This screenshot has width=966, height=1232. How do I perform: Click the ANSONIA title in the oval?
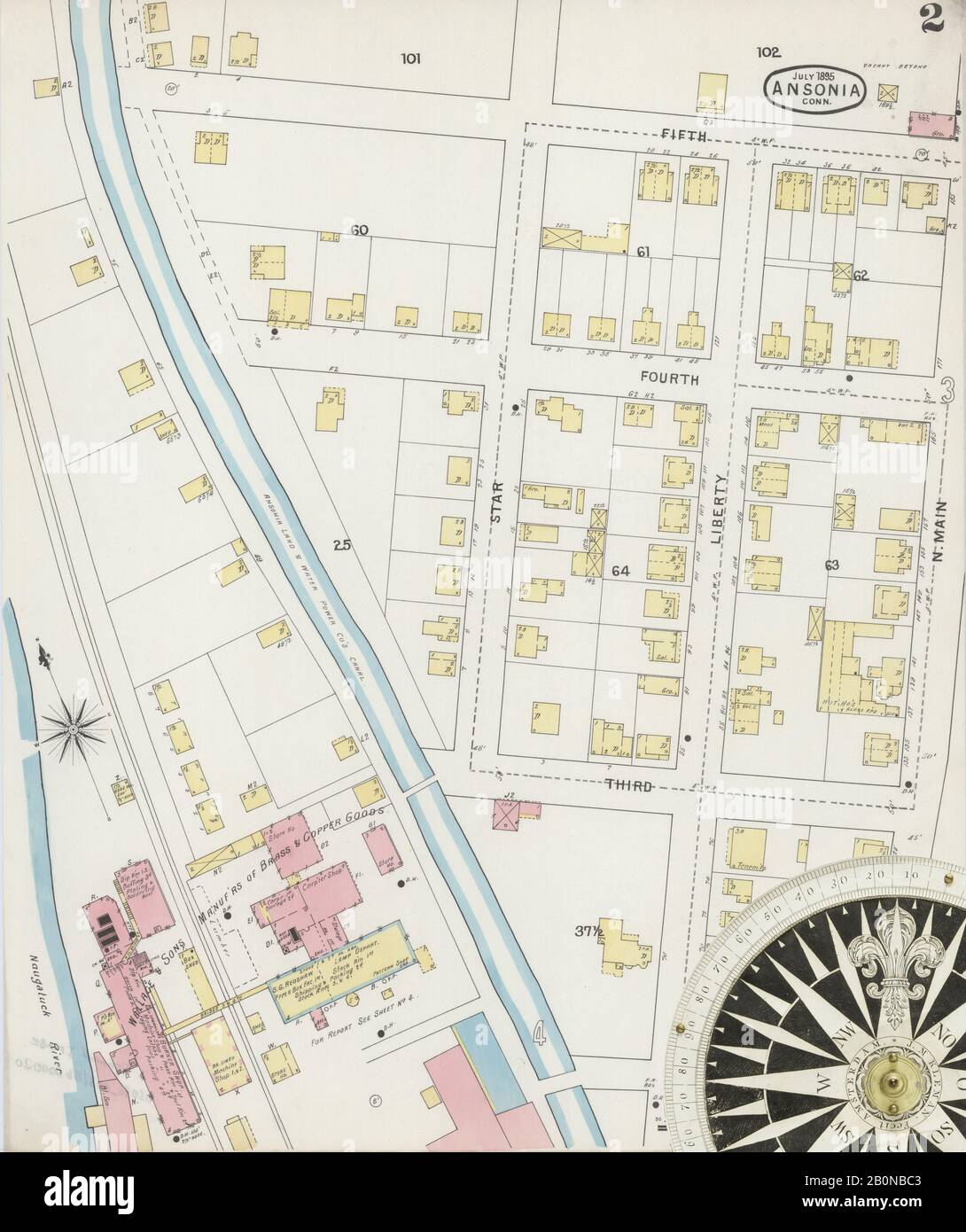pyautogui.click(x=813, y=89)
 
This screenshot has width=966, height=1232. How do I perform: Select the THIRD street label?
pyautogui.click(x=632, y=785)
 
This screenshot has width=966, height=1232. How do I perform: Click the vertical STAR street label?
pyautogui.click(x=496, y=502)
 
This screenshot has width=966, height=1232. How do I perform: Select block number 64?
pyautogui.click(x=619, y=572)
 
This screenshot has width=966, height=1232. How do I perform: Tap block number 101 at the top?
pyautogui.click(x=409, y=59)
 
